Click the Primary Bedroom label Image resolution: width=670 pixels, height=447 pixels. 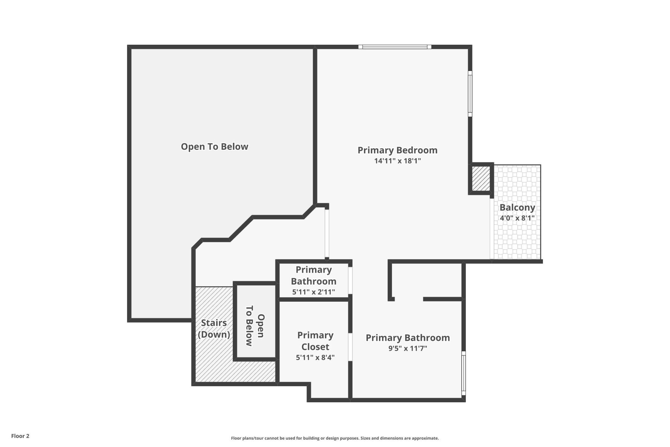pyautogui.click(x=397, y=150)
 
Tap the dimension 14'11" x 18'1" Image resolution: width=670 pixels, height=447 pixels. pyautogui.click(x=397, y=161)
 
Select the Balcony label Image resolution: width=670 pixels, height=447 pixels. pyautogui.click(x=517, y=207)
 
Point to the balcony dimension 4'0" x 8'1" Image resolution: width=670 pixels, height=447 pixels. pyautogui.click(x=517, y=218)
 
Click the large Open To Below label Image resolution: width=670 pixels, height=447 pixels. pyautogui.click(x=214, y=147)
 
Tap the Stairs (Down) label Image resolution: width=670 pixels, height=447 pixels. pyautogui.click(x=214, y=329)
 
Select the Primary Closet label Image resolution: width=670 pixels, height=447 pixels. pyautogui.click(x=315, y=341)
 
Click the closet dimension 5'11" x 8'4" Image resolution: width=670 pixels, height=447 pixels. pyautogui.click(x=315, y=358)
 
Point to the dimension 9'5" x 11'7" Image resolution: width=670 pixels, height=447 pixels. pyautogui.click(x=408, y=349)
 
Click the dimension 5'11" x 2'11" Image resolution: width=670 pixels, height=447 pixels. pyautogui.click(x=313, y=292)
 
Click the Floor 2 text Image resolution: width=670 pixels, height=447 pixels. pyautogui.click(x=20, y=436)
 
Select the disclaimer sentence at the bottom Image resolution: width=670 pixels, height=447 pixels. pyautogui.click(x=335, y=438)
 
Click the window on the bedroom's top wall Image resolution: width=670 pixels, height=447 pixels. pyautogui.click(x=395, y=47)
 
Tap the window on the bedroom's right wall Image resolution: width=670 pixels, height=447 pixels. pyautogui.click(x=470, y=94)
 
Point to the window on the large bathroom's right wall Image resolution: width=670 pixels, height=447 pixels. pyautogui.click(x=463, y=373)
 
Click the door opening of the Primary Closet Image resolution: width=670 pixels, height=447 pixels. pyautogui.click(x=350, y=347)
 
